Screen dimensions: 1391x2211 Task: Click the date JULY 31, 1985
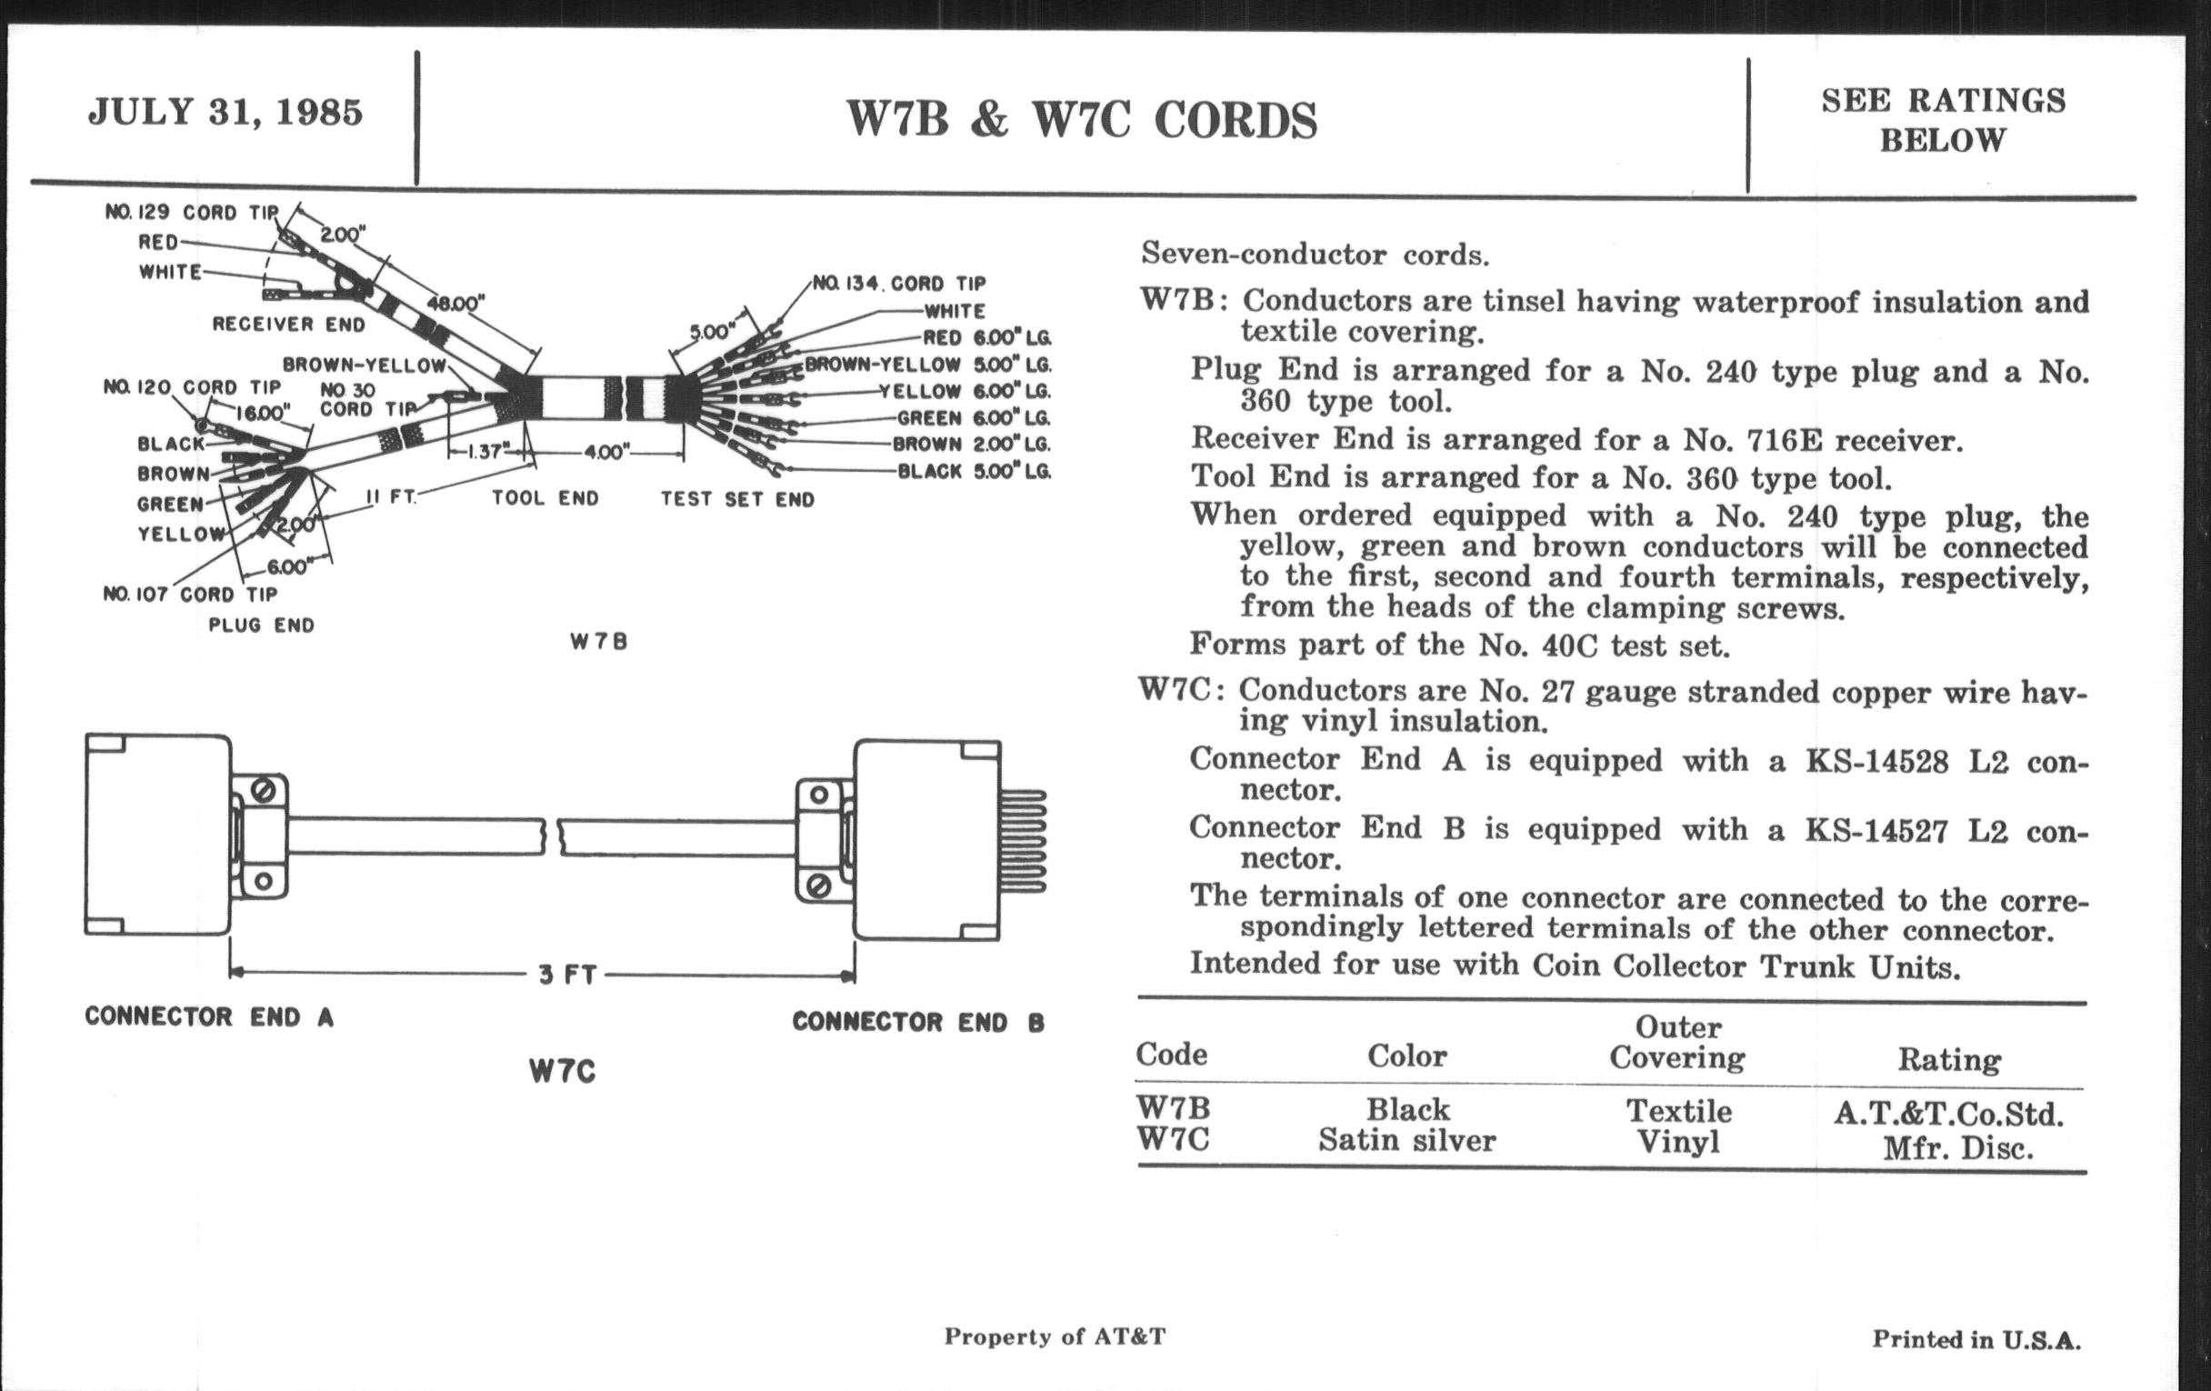coord(225,112)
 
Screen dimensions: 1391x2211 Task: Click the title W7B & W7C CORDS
coord(1081,120)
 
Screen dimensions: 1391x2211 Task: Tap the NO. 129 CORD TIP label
coord(191,212)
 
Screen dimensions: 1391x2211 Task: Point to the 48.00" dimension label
coord(455,303)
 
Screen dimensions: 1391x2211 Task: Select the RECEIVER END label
coord(288,324)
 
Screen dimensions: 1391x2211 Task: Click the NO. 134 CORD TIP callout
coord(899,284)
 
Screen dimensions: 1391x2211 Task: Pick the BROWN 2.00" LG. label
coord(973,445)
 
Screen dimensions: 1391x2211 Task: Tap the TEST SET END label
coord(737,499)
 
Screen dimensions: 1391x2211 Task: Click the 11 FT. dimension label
coord(391,496)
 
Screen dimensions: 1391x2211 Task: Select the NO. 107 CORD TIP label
coord(190,594)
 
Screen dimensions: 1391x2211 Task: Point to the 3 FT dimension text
coord(567,975)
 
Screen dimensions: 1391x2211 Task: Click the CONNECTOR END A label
coord(209,1016)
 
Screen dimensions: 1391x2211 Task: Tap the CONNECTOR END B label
coord(918,1022)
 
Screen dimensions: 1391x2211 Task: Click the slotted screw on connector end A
coord(263,791)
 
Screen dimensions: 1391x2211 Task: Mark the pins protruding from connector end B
coord(1023,840)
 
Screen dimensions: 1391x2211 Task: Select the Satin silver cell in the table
coord(1406,1140)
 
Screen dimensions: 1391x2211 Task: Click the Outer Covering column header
coord(1677,1042)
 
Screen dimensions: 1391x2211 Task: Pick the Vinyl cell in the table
coord(1677,1142)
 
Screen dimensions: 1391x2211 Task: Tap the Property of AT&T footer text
coord(1055,1336)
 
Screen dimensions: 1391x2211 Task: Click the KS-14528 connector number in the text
coord(1876,762)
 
